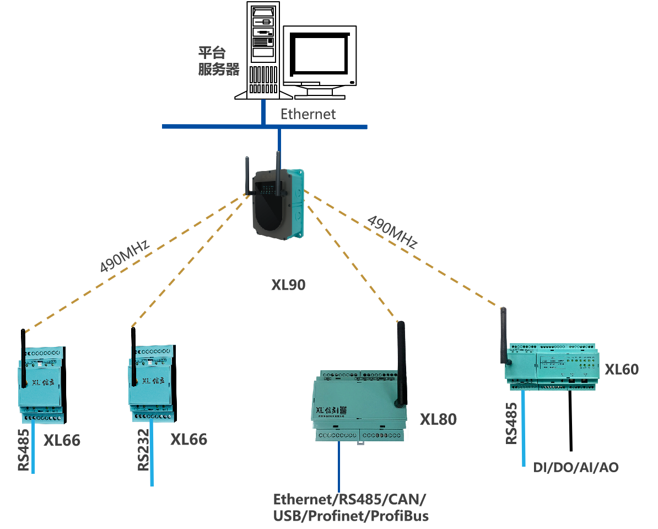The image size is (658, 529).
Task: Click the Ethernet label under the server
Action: coord(308,114)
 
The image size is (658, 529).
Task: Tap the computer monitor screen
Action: coord(319,56)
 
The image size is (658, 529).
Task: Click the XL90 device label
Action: coord(288,285)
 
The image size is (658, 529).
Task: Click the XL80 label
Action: coord(439,419)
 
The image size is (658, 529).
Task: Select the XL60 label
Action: coord(622,369)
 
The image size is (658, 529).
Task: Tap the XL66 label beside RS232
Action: coord(188,440)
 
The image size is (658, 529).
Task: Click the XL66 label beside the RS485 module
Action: coord(62,441)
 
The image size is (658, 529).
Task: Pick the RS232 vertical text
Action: coord(143,450)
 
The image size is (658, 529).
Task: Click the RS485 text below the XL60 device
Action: coord(512,423)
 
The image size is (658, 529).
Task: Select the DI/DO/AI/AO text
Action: coord(576,468)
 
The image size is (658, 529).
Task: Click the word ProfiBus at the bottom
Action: coord(400,517)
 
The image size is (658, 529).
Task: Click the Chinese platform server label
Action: coord(219,61)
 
